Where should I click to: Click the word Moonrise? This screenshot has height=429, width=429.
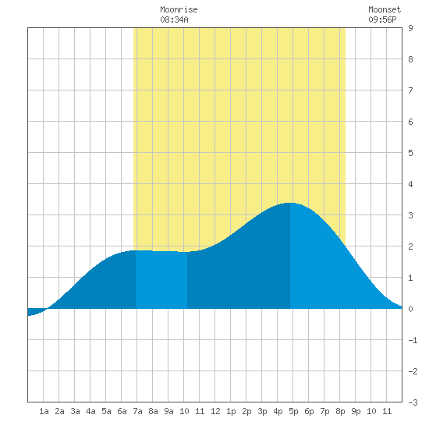(x=179, y=9)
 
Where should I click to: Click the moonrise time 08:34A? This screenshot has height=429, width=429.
(x=174, y=19)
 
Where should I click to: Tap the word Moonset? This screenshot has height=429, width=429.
(x=385, y=9)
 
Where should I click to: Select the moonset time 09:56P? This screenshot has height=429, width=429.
(x=382, y=19)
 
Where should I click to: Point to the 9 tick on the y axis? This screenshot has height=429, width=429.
(x=410, y=28)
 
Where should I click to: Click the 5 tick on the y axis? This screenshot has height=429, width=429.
(x=410, y=153)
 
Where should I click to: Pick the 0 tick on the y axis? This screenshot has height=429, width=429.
(x=410, y=309)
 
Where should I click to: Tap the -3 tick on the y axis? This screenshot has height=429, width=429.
(x=413, y=402)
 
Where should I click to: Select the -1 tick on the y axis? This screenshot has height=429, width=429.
(x=413, y=340)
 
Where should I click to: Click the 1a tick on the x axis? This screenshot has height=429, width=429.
(x=44, y=411)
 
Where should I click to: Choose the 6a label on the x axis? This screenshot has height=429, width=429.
(x=122, y=411)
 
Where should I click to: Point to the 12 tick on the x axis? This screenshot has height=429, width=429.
(x=215, y=411)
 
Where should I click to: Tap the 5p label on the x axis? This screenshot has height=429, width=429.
(x=293, y=411)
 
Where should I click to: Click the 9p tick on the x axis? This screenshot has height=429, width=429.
(x=356, y=411)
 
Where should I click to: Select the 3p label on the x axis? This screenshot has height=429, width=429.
(x=262, y=411)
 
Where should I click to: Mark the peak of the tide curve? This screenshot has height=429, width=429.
(x=290, y=203)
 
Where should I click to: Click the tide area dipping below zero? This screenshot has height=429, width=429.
(x=34, y=311)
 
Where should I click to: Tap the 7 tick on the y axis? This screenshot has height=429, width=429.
(x=410, y=90)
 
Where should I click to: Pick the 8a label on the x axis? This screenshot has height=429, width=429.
(x=153, y=411)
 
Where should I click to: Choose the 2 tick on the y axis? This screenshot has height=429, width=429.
(x=410, y=246)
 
